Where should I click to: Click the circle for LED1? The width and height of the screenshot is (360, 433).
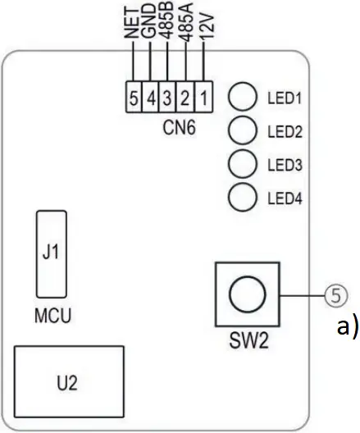click(x=240, y=98)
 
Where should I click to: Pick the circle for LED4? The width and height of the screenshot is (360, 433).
click(x=240, y=197)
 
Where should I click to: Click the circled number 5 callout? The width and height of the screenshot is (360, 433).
click(x=333, y=294)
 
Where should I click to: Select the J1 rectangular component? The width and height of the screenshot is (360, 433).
click(x=51, y=253)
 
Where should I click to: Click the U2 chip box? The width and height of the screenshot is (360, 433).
click(x=69, y=381)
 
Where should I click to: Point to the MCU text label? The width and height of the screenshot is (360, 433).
click(x=50, y=315)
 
